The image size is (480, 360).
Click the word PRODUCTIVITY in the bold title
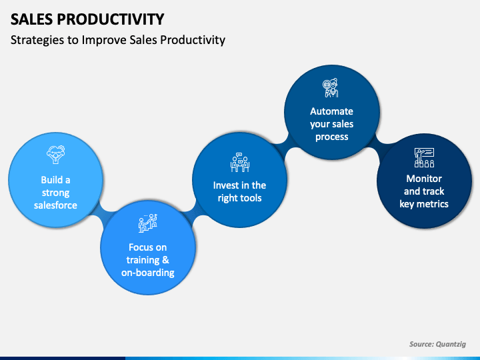click(111, 19)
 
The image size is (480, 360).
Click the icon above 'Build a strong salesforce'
click(55, 155)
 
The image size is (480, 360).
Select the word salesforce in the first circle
click(55, 205)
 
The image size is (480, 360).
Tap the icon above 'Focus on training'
click(148, 223)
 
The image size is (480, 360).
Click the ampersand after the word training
click(165, 260)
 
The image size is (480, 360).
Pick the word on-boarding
click(148, 273)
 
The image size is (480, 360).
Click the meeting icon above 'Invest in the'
click(240, 162)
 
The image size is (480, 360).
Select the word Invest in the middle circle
click(225, 185)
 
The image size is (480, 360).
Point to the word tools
click(251, 198)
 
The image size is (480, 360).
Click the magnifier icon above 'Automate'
click(331, 88)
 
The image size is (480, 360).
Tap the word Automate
click(331, 111)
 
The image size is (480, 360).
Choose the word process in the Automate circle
click(332, 137)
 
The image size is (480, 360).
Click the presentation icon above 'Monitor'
click(424, 157)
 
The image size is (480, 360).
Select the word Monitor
click(424, 179)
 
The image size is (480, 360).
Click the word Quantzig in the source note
click(451, 344)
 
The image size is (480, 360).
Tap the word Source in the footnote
click(421, 344)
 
